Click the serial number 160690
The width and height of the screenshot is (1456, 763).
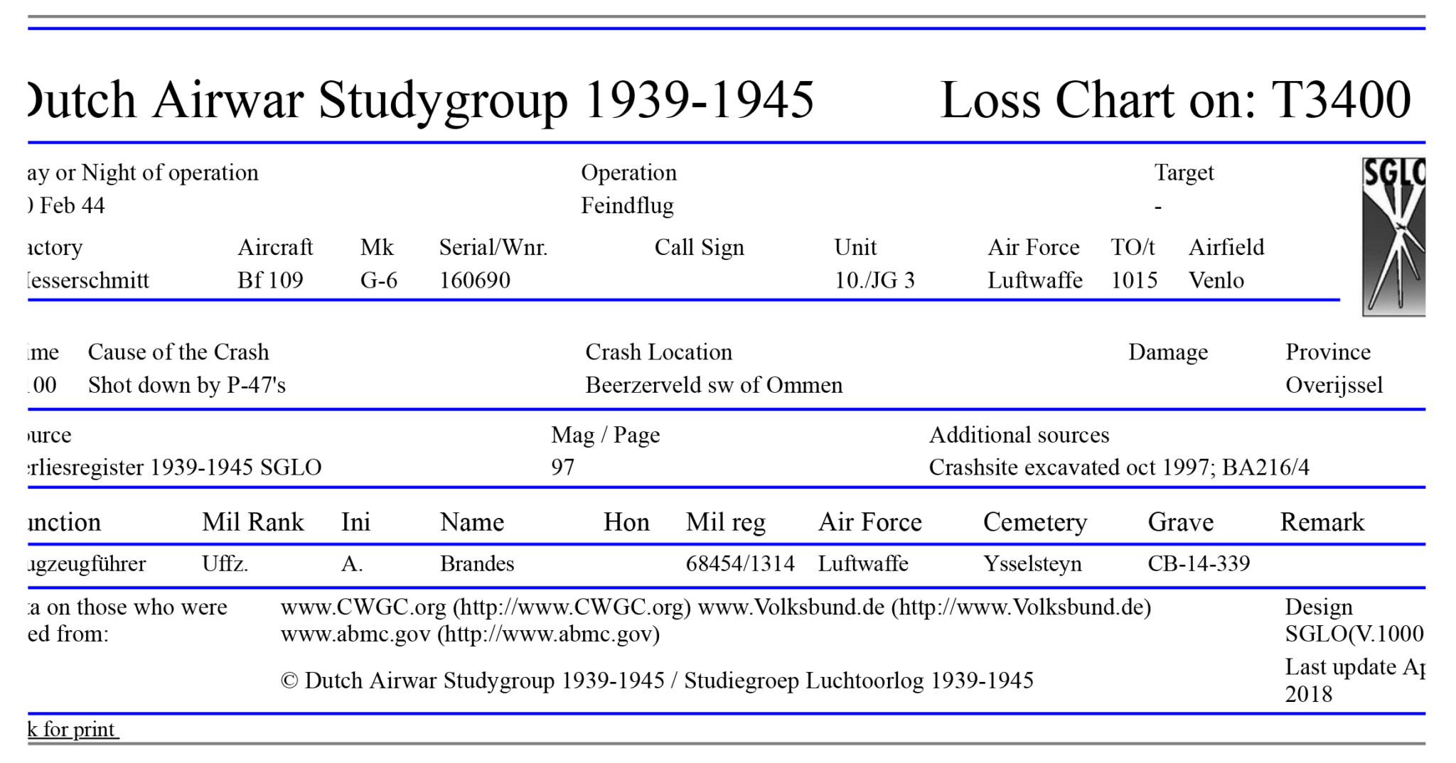tap(474, 280)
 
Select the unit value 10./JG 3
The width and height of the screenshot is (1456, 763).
tap(874, 280)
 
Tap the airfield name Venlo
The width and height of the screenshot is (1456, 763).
tap(1216, 280)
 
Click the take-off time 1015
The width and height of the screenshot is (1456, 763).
tap(1134, 280)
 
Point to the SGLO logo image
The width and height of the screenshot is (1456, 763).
tap(1393, 237)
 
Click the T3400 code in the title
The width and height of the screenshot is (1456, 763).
tap(1340, 99)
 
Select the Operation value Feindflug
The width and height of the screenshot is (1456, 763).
tap(627, 205)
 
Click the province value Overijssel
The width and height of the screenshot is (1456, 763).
tap(1334, 385)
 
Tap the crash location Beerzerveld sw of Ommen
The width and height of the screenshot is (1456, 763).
tap(713, 385)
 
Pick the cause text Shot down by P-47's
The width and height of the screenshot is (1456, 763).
tap(186, 385)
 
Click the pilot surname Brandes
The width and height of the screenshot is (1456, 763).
tap(476, 563)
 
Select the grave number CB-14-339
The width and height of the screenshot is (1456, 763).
tap(1198, 563)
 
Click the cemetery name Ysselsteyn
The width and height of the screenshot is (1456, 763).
tap(1032, 563)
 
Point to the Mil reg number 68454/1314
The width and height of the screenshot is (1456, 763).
tap(739, 563)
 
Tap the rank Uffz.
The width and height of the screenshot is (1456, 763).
tap(225, 563)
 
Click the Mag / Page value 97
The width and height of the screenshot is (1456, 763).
tap(562, 467)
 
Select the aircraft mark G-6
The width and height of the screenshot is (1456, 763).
tap(378, 280)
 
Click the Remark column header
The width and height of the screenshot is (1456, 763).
tap(1322, 522)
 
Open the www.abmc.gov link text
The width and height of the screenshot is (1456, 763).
tap(355, 634)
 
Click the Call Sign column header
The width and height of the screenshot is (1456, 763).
tap(699, 247)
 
